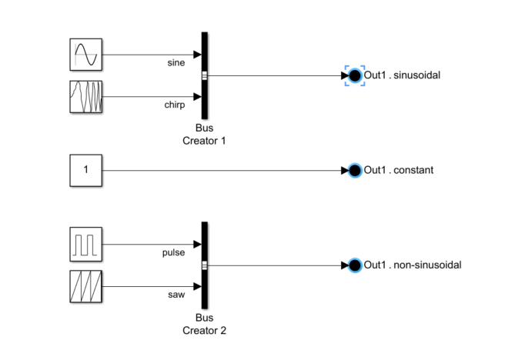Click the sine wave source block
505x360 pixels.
[85, 55]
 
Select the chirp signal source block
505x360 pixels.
[85, 97]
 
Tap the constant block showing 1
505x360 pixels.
[85, 170]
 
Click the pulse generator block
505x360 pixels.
[85, 245]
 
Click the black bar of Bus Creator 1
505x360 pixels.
[205, 75]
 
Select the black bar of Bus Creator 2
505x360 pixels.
[205, 265]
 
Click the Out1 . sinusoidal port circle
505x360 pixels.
[354, 75]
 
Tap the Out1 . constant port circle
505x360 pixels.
[354, 170]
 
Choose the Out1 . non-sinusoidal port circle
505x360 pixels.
[354, 265]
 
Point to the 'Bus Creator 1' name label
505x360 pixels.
[204, 135]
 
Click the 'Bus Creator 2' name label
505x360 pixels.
[204, 325]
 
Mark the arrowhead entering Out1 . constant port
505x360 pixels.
[344, 170]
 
